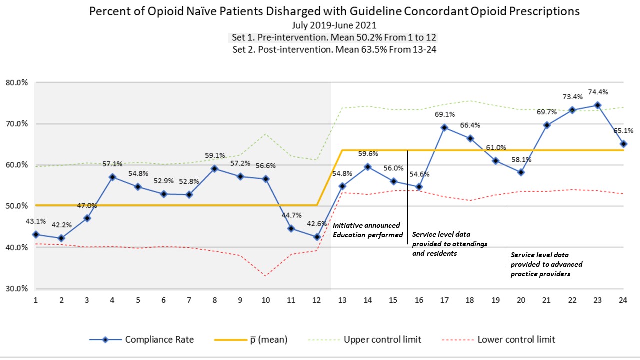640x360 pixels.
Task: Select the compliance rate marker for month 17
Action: tap(443, 127)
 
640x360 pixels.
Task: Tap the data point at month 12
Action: tap(316, 237)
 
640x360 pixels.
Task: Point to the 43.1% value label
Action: tap(35, 221)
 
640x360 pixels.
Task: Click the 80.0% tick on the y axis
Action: tap(16, 83)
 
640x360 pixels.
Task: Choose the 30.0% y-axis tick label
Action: tap(16, 289)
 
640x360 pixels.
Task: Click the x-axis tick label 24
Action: tap(623, 300)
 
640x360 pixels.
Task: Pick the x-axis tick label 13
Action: tap(342, 300)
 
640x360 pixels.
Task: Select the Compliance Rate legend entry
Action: tap(141, 340)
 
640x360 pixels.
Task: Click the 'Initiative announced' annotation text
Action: tap(366, 226)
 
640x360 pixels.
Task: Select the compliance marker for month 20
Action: tap(521, 172)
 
